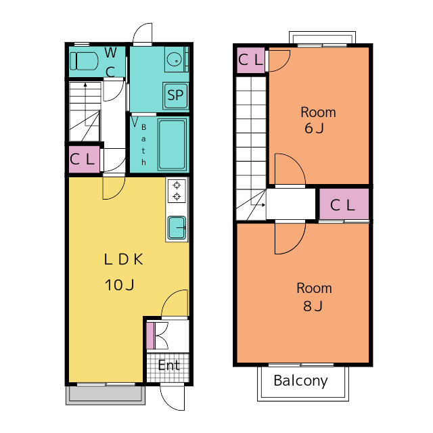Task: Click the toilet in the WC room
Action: tap(84, 61)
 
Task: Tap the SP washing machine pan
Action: tap(176, 95)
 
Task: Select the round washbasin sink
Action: tap(174, 59)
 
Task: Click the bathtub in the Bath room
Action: tap(172, 144)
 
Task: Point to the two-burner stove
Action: tap(177, 191)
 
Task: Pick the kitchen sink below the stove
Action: tap(177, 227)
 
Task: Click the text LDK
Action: tap(123, 259)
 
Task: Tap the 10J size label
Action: tap(120, 285)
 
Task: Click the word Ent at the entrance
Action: tap(169, 365)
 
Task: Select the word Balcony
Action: tap(300, 381)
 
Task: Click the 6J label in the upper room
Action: tap(314, 128)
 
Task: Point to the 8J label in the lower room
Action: tap(313, 306)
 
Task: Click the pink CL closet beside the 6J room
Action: tap(251, 60)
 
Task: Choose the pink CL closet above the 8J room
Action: tap(344, 204)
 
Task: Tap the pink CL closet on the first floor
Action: tap(84, 160)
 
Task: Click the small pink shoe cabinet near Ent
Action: tap(150, 336)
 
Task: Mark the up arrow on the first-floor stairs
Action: tap(86, 104)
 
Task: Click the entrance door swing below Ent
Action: tap(172, 398)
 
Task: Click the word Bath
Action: tap(143, 145)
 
